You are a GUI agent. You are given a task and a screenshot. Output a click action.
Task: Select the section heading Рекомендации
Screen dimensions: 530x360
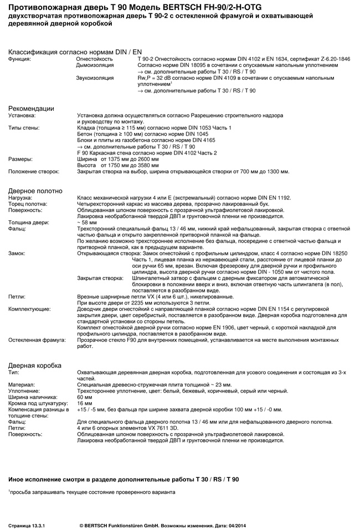pyautogui.click(x=31, y=108)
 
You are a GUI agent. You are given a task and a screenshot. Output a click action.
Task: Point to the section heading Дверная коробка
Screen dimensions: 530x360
pyautogui.click(x=35, y=366)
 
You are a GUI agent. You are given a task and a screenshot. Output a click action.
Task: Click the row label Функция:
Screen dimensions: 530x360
pyautogui.click(x=19, y=59)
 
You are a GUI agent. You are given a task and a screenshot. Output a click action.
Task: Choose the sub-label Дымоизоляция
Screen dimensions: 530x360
pyautogui.click(x=95, y=65)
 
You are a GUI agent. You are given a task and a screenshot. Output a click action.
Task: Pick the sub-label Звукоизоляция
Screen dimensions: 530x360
pyautogui.click(x=95, y=78)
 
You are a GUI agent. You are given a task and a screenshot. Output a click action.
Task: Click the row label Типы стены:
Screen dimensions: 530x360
pyautogui.click(x=23, y=128)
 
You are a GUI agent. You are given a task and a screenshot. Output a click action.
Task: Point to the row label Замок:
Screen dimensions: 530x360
pyautogui.click(x=17, y=253)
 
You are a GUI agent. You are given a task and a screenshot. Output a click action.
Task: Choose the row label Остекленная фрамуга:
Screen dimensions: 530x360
pyautogui.click(x=34, y=340)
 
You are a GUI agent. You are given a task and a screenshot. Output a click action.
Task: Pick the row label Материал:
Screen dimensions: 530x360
pyautogui.click(x=21, y=384)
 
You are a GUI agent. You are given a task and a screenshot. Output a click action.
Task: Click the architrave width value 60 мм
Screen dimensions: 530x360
pyautogui.click(x=85, y=397)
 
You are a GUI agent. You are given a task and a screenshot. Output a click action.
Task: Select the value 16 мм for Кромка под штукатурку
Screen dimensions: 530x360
pyautogui.click(x=85, y=403)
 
